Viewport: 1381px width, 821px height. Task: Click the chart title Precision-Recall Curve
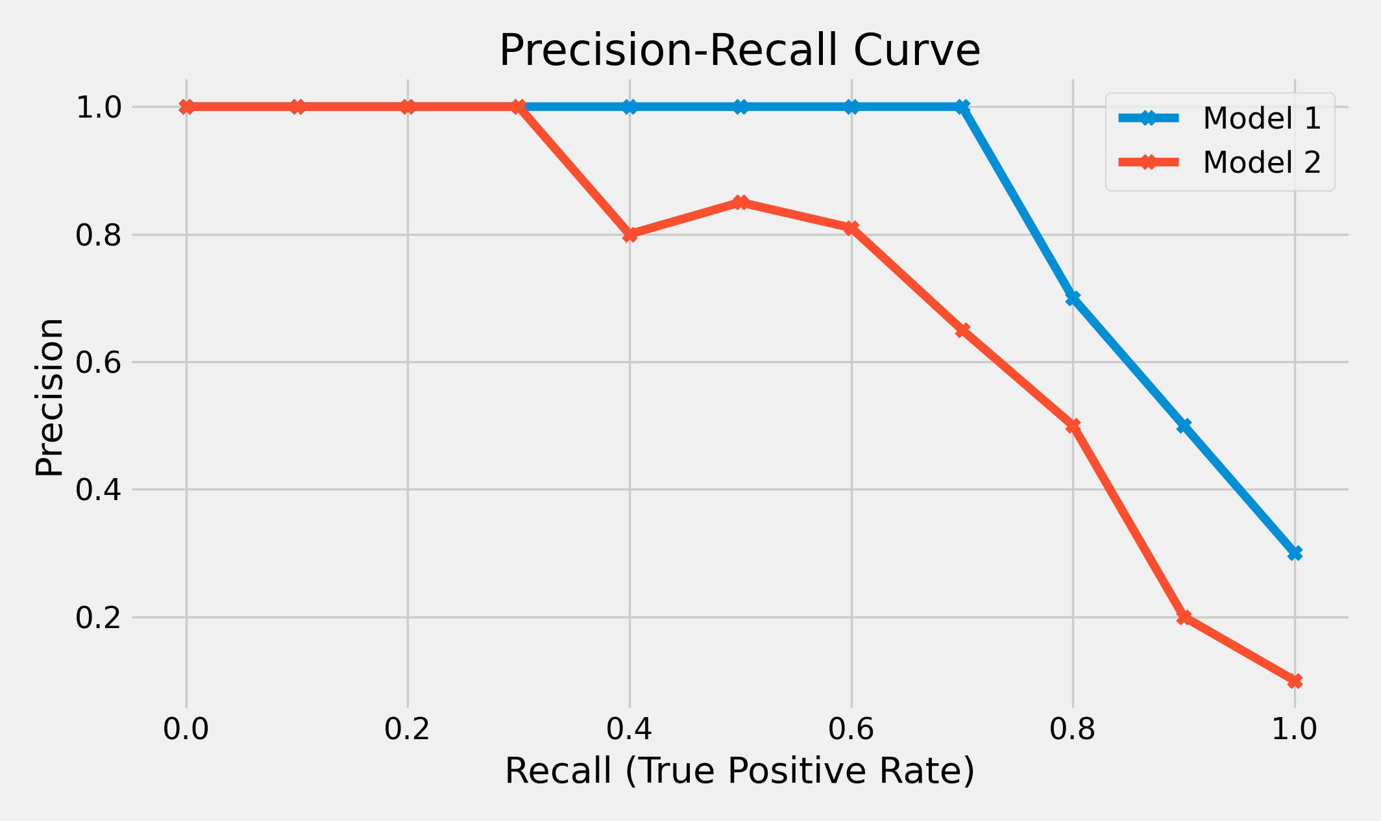tap(739, 51)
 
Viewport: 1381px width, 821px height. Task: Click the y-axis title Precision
tap(49, 398)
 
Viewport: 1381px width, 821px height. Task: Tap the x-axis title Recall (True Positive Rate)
tap(739, 772)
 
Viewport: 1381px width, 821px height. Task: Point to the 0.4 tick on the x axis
tap(629, 729)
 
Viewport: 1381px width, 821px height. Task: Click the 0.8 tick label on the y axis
tap(99, 235)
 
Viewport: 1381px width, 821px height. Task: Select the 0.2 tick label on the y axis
tap(99, 618)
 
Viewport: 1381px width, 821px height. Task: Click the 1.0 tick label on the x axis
tap(1294, 729)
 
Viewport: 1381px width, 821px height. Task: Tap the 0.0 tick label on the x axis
tap(186, 729)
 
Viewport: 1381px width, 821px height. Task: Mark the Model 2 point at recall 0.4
tap(629, 234)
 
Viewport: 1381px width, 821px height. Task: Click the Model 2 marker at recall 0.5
tap(740, 203)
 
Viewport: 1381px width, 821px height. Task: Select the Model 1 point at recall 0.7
tap(962, 107)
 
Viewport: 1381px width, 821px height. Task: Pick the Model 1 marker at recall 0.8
tap(1073, 298)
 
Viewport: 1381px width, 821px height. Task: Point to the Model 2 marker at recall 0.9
tap(1184, 617)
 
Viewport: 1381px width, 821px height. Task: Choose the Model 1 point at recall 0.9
tap(1184, 425)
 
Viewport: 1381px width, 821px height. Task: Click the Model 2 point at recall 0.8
tap(1073, 425)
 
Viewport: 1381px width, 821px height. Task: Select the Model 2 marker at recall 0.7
tap(962, 330)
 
